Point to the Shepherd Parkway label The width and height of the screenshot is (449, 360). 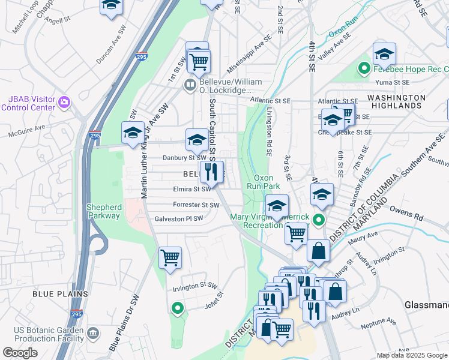click(104, 211)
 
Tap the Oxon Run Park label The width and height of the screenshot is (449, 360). click(264, 182)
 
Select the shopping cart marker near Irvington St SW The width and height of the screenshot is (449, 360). click(170, 258)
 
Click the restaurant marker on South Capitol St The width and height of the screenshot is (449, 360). click(211, 172)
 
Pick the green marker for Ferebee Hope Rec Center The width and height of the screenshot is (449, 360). click(363, 69)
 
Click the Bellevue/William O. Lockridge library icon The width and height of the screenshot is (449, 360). click(190, 85)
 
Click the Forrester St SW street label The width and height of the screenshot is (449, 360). click(196, 205)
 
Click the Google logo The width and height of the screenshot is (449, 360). click(20, 353)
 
